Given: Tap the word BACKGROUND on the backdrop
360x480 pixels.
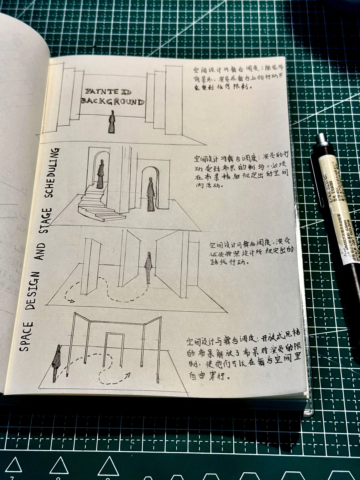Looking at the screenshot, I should [x=113, y=101].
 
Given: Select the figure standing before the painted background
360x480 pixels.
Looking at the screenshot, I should [x=112, y=122].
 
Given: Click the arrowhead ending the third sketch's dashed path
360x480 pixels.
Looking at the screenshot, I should [x=71, y=301].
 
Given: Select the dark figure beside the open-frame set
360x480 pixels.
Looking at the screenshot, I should [x=57, y=363].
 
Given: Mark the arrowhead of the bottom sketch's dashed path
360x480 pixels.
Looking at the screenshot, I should [x=127, y=375].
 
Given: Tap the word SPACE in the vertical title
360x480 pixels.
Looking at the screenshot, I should [x=26, y=336].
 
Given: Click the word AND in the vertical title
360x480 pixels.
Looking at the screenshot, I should [x=40, y=251].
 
